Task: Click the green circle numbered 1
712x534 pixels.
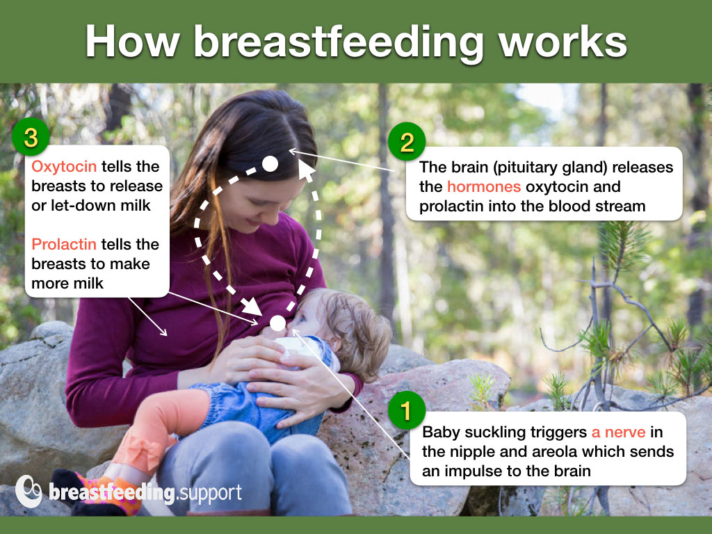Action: (406, 410)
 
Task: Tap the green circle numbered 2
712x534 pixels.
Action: (407, 142)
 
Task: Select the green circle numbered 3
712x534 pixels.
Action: (31, 137)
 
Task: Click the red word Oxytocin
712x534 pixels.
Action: (64, 167)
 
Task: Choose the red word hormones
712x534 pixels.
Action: (484, 186)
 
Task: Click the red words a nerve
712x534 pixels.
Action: (618, 432)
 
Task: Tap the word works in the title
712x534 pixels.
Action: (563, 42)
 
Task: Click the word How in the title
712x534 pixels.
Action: (132, 42)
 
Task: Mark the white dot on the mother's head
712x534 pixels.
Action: (270, 164)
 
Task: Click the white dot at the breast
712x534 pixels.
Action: (277, 323)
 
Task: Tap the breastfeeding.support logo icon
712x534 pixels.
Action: (29, 492)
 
